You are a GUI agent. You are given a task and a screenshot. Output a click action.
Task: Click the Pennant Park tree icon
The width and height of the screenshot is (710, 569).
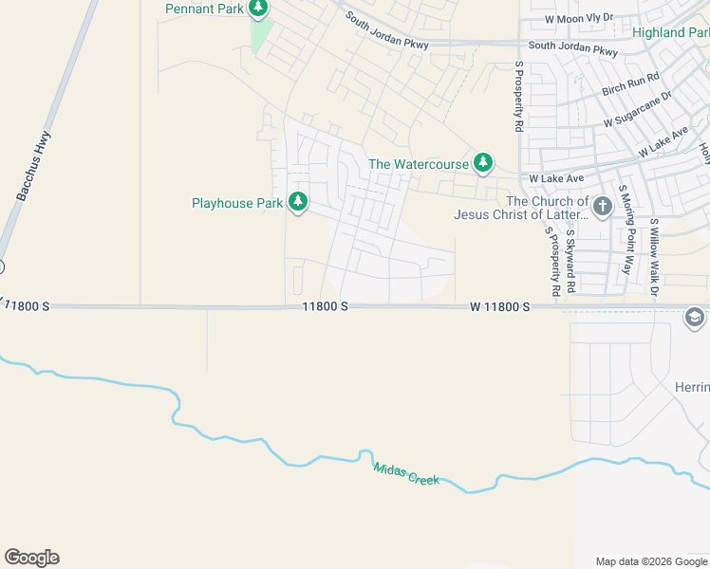coord(258,9)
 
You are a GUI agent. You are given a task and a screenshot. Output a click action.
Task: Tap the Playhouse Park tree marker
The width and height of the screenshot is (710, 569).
coord(298,202)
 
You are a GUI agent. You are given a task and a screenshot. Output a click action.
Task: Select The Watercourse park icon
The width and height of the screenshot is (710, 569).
coord(483,163)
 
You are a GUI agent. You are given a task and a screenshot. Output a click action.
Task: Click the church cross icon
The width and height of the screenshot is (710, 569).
coord(602,206)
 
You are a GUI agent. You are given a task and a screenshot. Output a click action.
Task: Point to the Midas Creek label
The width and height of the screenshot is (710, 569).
coord(406,473)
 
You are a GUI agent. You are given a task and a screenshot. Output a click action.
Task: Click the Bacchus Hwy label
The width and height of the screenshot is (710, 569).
coord(33,166)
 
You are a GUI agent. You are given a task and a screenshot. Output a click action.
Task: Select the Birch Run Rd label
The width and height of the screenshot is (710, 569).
coord(630,84)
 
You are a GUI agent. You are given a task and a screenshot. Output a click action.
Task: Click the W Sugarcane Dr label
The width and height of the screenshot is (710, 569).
coord(637,109)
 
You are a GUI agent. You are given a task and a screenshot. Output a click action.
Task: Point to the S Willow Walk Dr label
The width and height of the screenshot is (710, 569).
coord(654,256)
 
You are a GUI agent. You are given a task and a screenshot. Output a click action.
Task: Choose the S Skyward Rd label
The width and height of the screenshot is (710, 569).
coord(570,260)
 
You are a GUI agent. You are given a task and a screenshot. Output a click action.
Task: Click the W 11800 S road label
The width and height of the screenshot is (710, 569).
coord(499,307)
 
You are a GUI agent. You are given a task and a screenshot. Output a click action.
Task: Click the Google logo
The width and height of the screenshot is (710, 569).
coord(31,558)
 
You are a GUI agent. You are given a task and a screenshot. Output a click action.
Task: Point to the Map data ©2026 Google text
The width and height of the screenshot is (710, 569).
coord(650,561)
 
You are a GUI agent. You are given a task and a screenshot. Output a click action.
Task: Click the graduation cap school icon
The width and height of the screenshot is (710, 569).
coord(695,318)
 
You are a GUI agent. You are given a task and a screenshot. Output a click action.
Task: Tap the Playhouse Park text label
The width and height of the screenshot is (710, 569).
coord(237,203)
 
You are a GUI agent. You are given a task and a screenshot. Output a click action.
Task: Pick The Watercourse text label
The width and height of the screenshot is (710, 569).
coord(419,164)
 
